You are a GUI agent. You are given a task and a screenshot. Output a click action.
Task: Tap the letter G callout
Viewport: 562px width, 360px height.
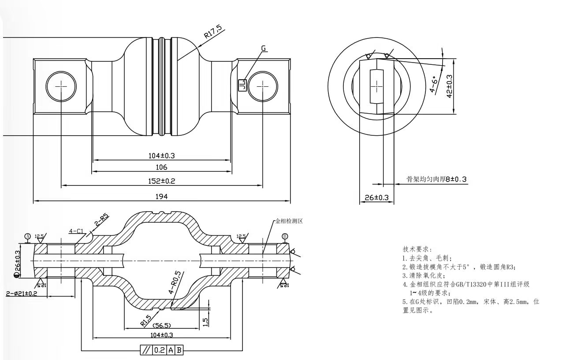pyautogui.click(x=264, y=48)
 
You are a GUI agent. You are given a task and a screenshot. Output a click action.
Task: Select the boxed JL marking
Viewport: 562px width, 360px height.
pyautogui.click(x=242, y=84)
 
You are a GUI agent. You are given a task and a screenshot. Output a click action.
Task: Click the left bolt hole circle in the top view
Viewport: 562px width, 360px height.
pyautogui.click(x=61, y=86)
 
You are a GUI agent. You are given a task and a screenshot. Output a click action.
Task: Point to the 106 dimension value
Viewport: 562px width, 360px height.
pyautogui.click(x=161, y=167)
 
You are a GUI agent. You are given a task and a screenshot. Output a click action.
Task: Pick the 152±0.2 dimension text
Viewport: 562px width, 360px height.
pyautogui.click(x=162, y=181)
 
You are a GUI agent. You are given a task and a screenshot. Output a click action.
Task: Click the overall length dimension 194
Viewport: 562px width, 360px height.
pyautogui.click(x=162, y=197)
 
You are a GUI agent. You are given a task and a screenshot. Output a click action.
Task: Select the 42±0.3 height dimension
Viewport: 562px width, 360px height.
pyautogui.click(x=450, y=86)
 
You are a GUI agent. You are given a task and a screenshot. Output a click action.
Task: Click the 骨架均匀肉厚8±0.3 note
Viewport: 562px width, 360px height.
pyautogui.click(x=436, y=179)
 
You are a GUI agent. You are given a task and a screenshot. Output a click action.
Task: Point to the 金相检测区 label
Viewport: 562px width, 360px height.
pyautogui.click(x=289, y=221)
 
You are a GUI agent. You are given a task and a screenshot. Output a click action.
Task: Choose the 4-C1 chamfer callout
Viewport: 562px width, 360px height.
pyautogui.click(x=77, y=230)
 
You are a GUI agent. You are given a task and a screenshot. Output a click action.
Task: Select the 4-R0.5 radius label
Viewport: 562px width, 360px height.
pyautogui.click(x=174, y=282)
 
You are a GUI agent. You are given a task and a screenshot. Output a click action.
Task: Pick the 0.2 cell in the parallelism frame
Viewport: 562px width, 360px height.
pyautogui.click(x=159, y=350)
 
